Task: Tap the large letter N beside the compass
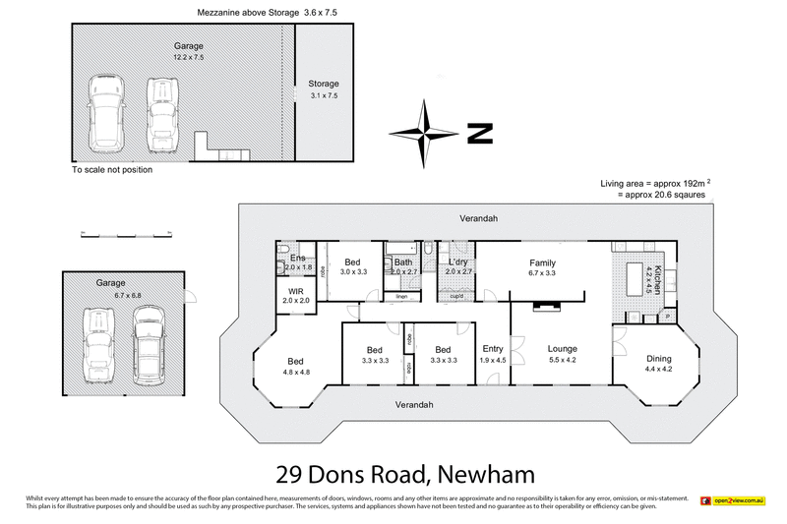[x=479, y=135]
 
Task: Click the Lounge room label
[x=563, y=348]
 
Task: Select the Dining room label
[x=658, y=358]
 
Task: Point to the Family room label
[x=542, y=263]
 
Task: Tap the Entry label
[x=492, y=348]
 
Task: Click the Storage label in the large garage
[x=323, y=83]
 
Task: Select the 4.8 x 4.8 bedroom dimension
[x=297, y=372]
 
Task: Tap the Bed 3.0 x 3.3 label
[x=352, y=262]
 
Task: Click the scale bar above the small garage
[x=126, y=235]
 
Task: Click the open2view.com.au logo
[x=733, y=501]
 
